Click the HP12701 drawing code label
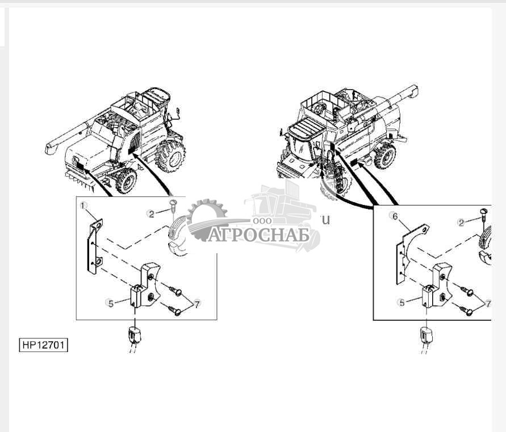[43, 345]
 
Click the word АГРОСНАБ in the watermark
[258, 234]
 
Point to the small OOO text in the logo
[264, 220]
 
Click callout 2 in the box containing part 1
[151, 213]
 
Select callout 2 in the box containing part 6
[462, 222]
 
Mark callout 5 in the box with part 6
[402, 303]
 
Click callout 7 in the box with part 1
[197, 304]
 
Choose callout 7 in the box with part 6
[487, 304]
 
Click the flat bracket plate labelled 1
[94, 247]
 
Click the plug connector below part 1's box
[133, 335]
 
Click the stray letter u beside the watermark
[325, 220]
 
